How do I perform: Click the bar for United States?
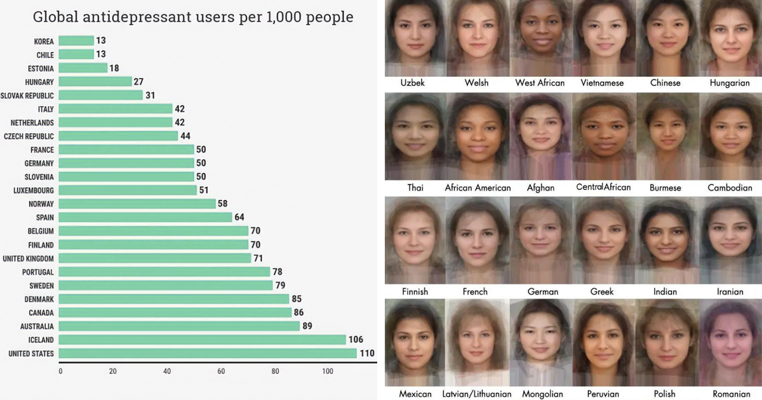tap(208, 353)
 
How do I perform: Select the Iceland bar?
tap(203, 340)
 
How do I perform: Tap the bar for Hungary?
tap(96, 81)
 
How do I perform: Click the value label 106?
tap(356, 340)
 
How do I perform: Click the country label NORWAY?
tap(41, 204)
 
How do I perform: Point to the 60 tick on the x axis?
tap(222, 371)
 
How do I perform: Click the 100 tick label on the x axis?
tap(328, 371)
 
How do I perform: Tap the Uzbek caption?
tap(413, 83)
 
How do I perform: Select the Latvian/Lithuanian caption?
tap(478, 394)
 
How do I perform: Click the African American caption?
tap(478, 187)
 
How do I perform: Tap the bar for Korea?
tap(77, 41)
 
